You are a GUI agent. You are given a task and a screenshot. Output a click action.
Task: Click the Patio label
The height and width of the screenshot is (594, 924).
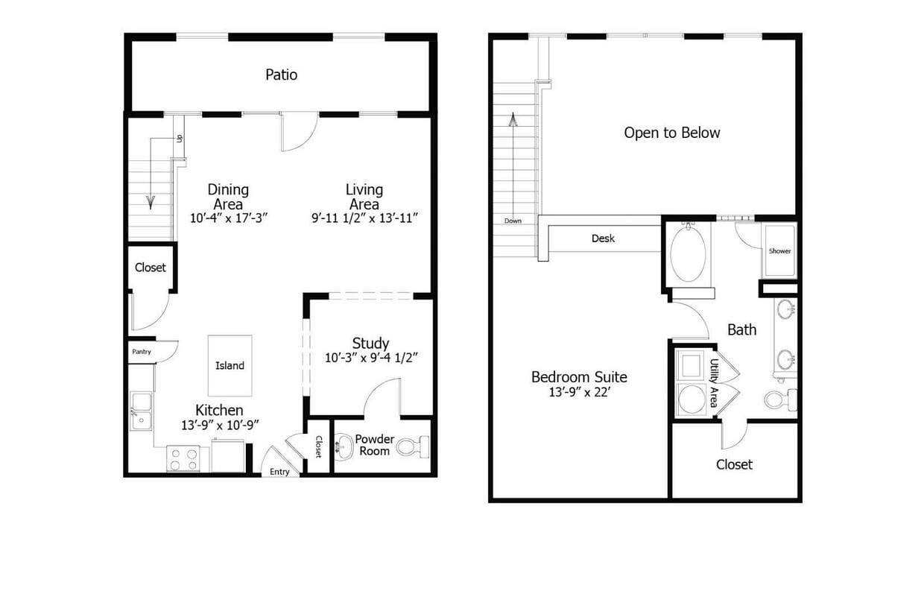pos(281,75)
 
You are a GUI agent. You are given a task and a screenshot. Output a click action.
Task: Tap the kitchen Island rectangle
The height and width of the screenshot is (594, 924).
pos(230,365)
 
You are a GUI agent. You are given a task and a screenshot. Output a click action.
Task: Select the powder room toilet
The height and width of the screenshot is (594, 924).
pos(412,447)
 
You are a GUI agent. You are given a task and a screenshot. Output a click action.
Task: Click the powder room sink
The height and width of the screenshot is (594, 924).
pos(344,447)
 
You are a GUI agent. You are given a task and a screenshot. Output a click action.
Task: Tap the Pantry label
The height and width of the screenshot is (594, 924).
pos(142,351)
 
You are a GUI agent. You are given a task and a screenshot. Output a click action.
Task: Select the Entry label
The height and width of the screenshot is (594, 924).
pos(279,471)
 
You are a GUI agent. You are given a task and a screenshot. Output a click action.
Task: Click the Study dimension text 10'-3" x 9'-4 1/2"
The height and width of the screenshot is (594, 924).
pos(370,357)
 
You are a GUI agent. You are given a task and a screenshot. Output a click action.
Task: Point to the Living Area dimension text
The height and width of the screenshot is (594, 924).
pos(364,218)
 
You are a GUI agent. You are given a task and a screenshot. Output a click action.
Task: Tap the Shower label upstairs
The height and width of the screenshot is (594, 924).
pos(779,251)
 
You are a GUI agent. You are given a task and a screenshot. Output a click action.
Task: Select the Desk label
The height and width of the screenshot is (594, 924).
pos(603,238)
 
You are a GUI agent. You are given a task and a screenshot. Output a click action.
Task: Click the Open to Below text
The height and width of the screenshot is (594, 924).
pos(671,133)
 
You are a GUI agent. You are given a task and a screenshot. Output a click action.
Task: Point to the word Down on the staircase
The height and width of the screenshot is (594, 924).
pos(513,221)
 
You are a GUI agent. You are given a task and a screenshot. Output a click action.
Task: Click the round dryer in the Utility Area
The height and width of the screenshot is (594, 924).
pos(691,399)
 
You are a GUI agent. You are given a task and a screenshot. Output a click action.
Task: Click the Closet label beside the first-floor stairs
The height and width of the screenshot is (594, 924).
pos(151,268)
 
